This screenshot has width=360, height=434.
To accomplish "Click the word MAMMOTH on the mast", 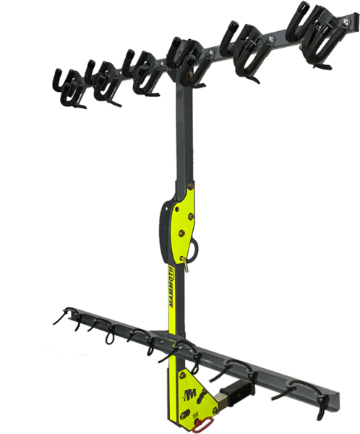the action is click(x=172, y=286).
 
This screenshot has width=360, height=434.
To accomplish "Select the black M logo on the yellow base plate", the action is click(x=190, y=393).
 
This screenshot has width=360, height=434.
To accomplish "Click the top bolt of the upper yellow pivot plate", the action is click(x=190, y=186).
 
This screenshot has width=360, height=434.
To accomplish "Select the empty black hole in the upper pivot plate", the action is click(x=177, y=208).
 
